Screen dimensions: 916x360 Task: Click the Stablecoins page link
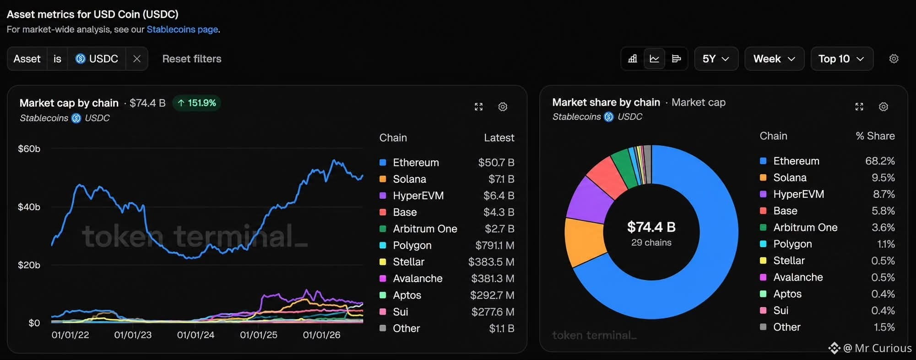pyautogui.click(x=182, y=29)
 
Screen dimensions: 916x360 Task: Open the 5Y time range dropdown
pyautogui.click(x=716, y=59)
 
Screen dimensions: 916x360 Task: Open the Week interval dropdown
pyautogui.click(x=774, y=59)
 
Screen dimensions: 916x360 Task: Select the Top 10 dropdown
pyautogui.click(x=841, y=59)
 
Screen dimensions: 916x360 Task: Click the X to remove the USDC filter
pyautogui.click(x=137, y=59)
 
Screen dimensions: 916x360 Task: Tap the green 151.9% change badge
pyautogui.click(x=197, y=103)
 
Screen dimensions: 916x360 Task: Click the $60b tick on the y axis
pyautogui.click(x=29, y=149)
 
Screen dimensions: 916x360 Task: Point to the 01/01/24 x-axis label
pyautogui.click(x=195, y=335)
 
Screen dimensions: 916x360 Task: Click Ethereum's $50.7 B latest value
pyautogui.click(x=496, y=163)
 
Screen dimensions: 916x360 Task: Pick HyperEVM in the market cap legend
pyautogui.click(x=418, y=196)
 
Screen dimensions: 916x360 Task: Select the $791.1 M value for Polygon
pyautogui.click(x=494, y=245)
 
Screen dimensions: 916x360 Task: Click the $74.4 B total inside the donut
pyautogui.click(x=651, y=227)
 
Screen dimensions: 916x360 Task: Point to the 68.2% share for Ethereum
pyautogui.click(x=880, y=161)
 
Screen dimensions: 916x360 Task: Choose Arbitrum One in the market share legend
pyautogui.click(x=805, y=228)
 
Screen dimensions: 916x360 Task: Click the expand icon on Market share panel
pyautogui.click(x=859, y=107)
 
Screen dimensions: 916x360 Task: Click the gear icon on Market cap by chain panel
pyautogui.click(x=503, y=107)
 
